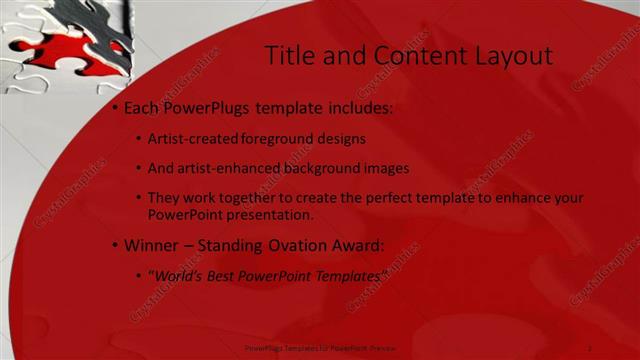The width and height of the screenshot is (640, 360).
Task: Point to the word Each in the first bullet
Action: click(143, 107)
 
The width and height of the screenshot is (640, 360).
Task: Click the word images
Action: click(388, 168)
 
